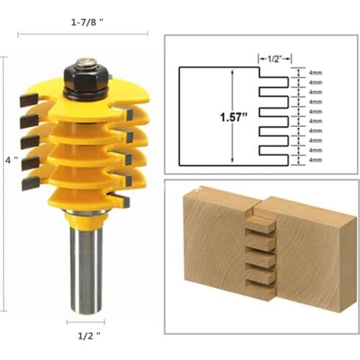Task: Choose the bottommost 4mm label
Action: pos(315,159)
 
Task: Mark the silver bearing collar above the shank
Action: pos(85,213)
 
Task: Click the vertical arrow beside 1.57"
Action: pos(232,115)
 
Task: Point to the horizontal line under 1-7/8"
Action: pos(84,33)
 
